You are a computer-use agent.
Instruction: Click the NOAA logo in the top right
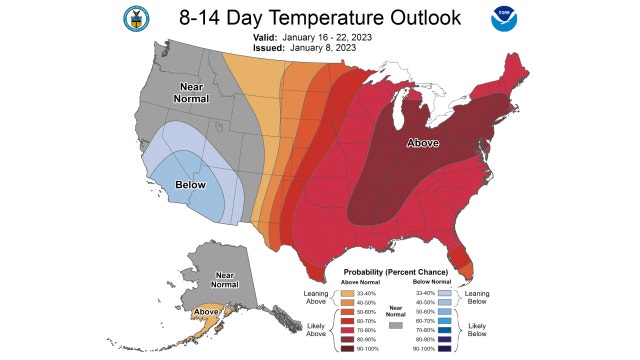[501, 19]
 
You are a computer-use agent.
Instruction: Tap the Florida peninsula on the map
[462, 263]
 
